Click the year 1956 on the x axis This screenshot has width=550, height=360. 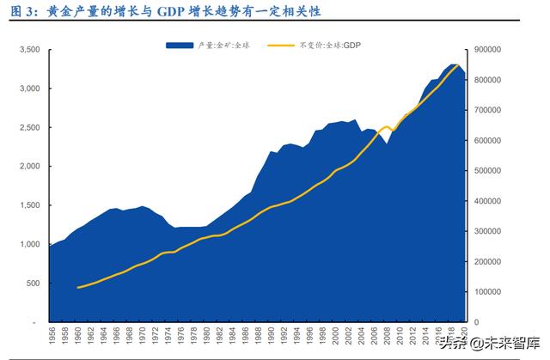52,338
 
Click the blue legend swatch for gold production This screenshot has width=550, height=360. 181,43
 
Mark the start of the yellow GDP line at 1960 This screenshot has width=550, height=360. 78,288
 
